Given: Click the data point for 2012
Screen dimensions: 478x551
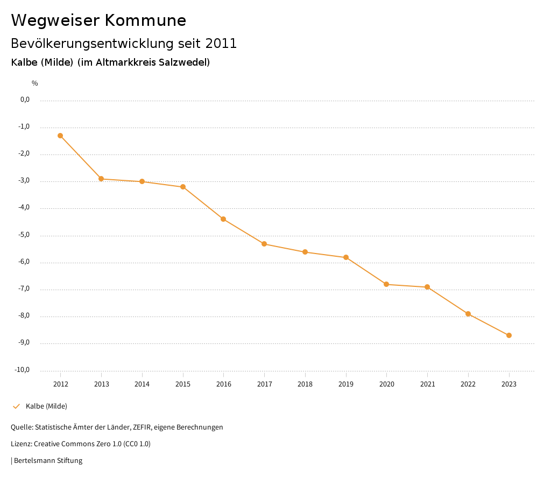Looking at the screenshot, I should tap(60, 136).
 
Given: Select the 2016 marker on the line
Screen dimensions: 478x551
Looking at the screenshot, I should tap(223, 219).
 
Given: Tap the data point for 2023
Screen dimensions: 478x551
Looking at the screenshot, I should tap(509, 335).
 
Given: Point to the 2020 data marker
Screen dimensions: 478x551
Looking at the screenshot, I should tap(386, 284).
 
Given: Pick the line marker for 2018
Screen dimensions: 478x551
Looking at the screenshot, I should tap(305, 252).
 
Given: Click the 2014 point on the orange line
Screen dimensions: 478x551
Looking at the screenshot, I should tap(142, 181).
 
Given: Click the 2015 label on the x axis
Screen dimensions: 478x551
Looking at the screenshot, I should tap(183, 384).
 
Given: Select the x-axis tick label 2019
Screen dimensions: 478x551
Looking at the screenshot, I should tap(346, 384).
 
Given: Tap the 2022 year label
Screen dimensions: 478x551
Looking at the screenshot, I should tap(468, 384).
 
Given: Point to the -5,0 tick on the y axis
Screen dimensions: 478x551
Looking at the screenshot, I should tap(25, 235).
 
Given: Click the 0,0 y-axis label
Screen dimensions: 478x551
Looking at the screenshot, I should tap(25, 100).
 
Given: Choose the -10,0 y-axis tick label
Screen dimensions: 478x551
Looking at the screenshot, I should tap(23, 370).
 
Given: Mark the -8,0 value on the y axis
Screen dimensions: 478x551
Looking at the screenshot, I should tap(25, 316).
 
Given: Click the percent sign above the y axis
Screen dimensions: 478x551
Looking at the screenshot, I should tap(35, 83).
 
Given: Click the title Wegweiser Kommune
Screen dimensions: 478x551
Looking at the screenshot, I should tap(98, 20).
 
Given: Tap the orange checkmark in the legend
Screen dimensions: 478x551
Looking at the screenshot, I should tap(16, 406).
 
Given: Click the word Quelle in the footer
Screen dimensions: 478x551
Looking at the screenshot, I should tap(21, 427).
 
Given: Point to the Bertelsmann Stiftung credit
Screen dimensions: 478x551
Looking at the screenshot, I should tap(48, 461).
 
